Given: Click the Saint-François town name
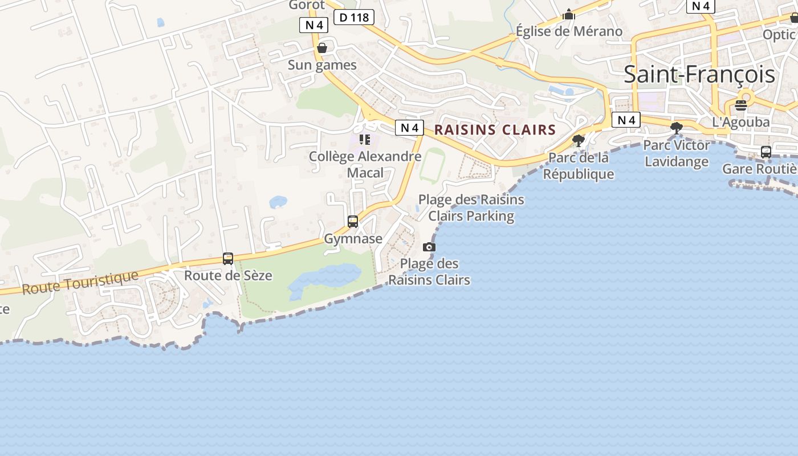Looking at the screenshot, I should click(699, 75).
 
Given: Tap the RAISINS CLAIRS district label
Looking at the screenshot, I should click(495, 130).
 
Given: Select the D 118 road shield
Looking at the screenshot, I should click(353, 17).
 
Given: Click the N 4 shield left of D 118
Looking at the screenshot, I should click(313, 25).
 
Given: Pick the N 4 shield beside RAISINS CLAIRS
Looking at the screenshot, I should click(409, 128).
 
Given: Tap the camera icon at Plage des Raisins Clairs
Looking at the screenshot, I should click(429, 247).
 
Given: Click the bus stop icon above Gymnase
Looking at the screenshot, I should click(353, 221).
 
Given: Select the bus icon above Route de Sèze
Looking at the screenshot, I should click(228, 259).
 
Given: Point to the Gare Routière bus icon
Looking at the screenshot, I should click(766, 152).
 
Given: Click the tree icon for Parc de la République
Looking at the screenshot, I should click(579, 140).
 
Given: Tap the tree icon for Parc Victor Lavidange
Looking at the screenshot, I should click(677, 128).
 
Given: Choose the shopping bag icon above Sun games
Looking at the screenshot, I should click(322, 48).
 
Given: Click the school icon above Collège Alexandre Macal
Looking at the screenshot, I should click(365, 139).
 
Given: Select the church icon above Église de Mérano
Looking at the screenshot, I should click(568, 14).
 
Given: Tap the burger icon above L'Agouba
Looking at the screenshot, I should click(741, 105).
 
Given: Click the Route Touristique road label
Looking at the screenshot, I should click(80, 283).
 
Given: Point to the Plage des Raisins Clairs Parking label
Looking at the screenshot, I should click(471, 207).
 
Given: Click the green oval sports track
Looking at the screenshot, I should click(432, 165).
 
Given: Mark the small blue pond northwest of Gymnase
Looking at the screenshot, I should click(278, 202).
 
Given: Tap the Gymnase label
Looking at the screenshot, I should click(353, 239).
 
